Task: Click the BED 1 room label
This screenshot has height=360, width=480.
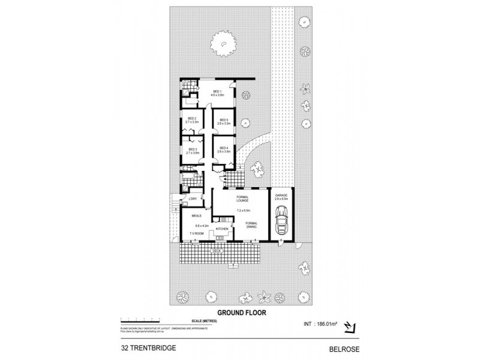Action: tap(217, 91)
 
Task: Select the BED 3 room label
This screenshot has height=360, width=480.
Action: tap(192, 149)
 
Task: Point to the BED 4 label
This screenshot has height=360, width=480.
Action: tap(223, 148)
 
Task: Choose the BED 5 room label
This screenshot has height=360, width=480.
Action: tap(223, 120)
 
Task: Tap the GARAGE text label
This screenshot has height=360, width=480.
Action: tap(281, 196)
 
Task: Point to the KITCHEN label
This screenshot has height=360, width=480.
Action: tap(221, 229)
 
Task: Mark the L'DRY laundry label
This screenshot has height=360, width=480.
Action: tap(193, 199)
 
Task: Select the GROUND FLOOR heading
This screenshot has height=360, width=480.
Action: tap(241, 312)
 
